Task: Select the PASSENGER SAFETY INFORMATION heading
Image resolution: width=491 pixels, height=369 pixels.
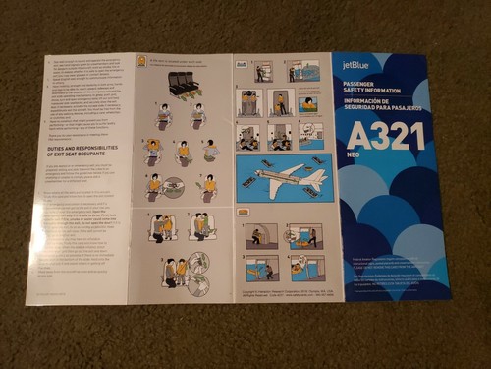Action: tap(377, 92)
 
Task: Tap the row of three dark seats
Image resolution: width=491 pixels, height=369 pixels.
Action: tap(183, 83)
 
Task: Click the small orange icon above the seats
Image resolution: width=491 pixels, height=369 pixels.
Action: tap(143, 62)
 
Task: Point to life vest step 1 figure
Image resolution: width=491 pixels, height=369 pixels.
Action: tap(163, 116)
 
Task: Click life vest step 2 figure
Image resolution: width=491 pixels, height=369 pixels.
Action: tap(198, 116)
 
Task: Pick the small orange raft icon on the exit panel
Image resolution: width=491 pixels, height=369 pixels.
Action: tap(243, 211)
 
